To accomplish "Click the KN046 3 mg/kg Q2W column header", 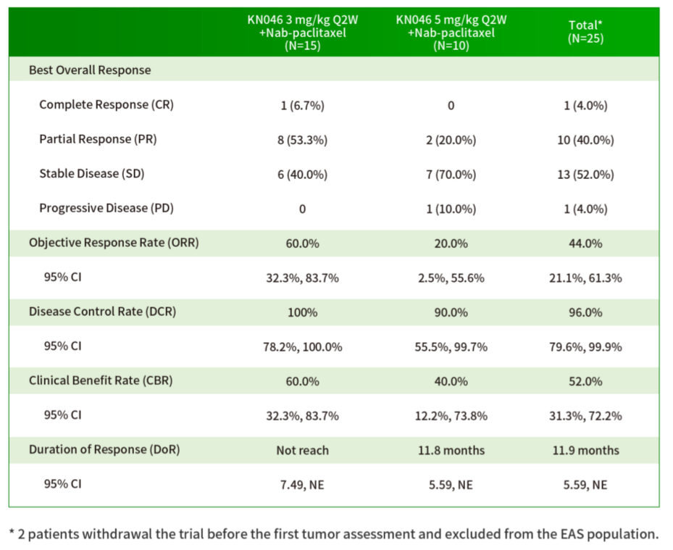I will (302, 33).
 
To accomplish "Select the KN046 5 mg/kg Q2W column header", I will (451, 33).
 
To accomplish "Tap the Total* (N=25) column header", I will (585, 33).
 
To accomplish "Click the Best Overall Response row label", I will (90, 70).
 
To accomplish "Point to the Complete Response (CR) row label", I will (106, 105).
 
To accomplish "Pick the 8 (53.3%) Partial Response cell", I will (302, 140).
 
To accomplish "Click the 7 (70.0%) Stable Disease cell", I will (451, 175).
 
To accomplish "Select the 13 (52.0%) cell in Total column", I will (585, 175).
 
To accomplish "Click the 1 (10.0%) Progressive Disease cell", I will (451, 209).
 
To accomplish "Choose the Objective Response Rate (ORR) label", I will (114, 243).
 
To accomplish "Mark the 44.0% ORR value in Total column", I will (585, 243).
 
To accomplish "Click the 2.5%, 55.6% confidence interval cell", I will (451, 278).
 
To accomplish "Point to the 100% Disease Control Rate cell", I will (302, 312).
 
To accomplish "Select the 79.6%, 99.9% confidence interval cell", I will (585, 346).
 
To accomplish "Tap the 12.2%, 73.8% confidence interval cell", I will (451, 416).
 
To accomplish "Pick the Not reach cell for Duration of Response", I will (302, 450).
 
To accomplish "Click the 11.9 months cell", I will (585, 450).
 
